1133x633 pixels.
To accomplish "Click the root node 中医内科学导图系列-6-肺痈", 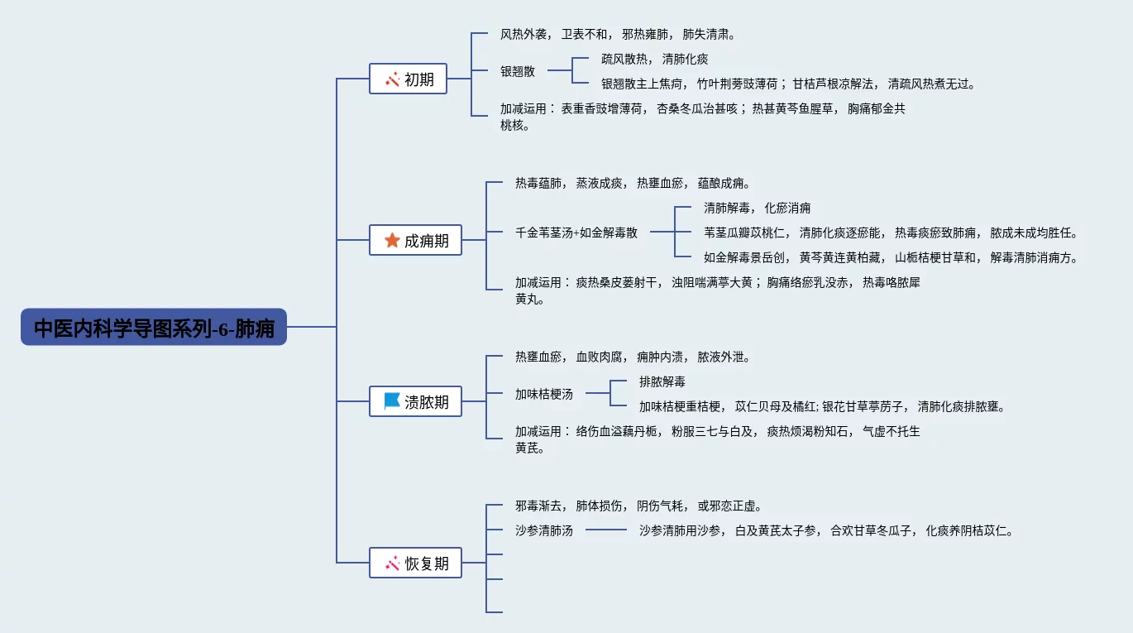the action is (x=154, y=327).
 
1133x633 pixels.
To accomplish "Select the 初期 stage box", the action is (x=409, y=79).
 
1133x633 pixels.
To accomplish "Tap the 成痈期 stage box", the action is (x=415, y=240).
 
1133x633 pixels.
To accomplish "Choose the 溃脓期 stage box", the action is (x=415, y=401).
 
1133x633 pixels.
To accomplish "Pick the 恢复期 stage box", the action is (x=415, y=563).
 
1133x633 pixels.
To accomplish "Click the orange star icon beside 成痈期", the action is (x=392, y=240).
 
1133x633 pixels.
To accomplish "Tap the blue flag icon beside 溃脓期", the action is (x=392, y=401).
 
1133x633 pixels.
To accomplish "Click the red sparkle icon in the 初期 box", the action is (x=393, y=79).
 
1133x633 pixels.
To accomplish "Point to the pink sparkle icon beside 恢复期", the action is (x=393, y=563).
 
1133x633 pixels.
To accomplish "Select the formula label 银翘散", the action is (x=518, y=71).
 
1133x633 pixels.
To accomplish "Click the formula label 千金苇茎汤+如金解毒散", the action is (x=576, y=233).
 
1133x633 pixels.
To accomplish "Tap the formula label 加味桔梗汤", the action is (x=543, y=394).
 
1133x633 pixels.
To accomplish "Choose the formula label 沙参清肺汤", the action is (x=543, y=530).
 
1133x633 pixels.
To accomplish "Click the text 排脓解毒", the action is (x=662, y=381).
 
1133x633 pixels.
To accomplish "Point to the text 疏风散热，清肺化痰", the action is (x=654, y=60).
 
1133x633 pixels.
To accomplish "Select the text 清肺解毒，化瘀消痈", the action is (x=758, y=208).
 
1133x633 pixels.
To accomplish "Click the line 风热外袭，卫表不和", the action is (x=618, y=35).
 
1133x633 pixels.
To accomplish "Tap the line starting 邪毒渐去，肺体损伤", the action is (x=638, y=506).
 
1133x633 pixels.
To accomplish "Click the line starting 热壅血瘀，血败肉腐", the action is (x=633, y=357).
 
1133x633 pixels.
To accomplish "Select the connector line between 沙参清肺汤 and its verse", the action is (x=606, y=530).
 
